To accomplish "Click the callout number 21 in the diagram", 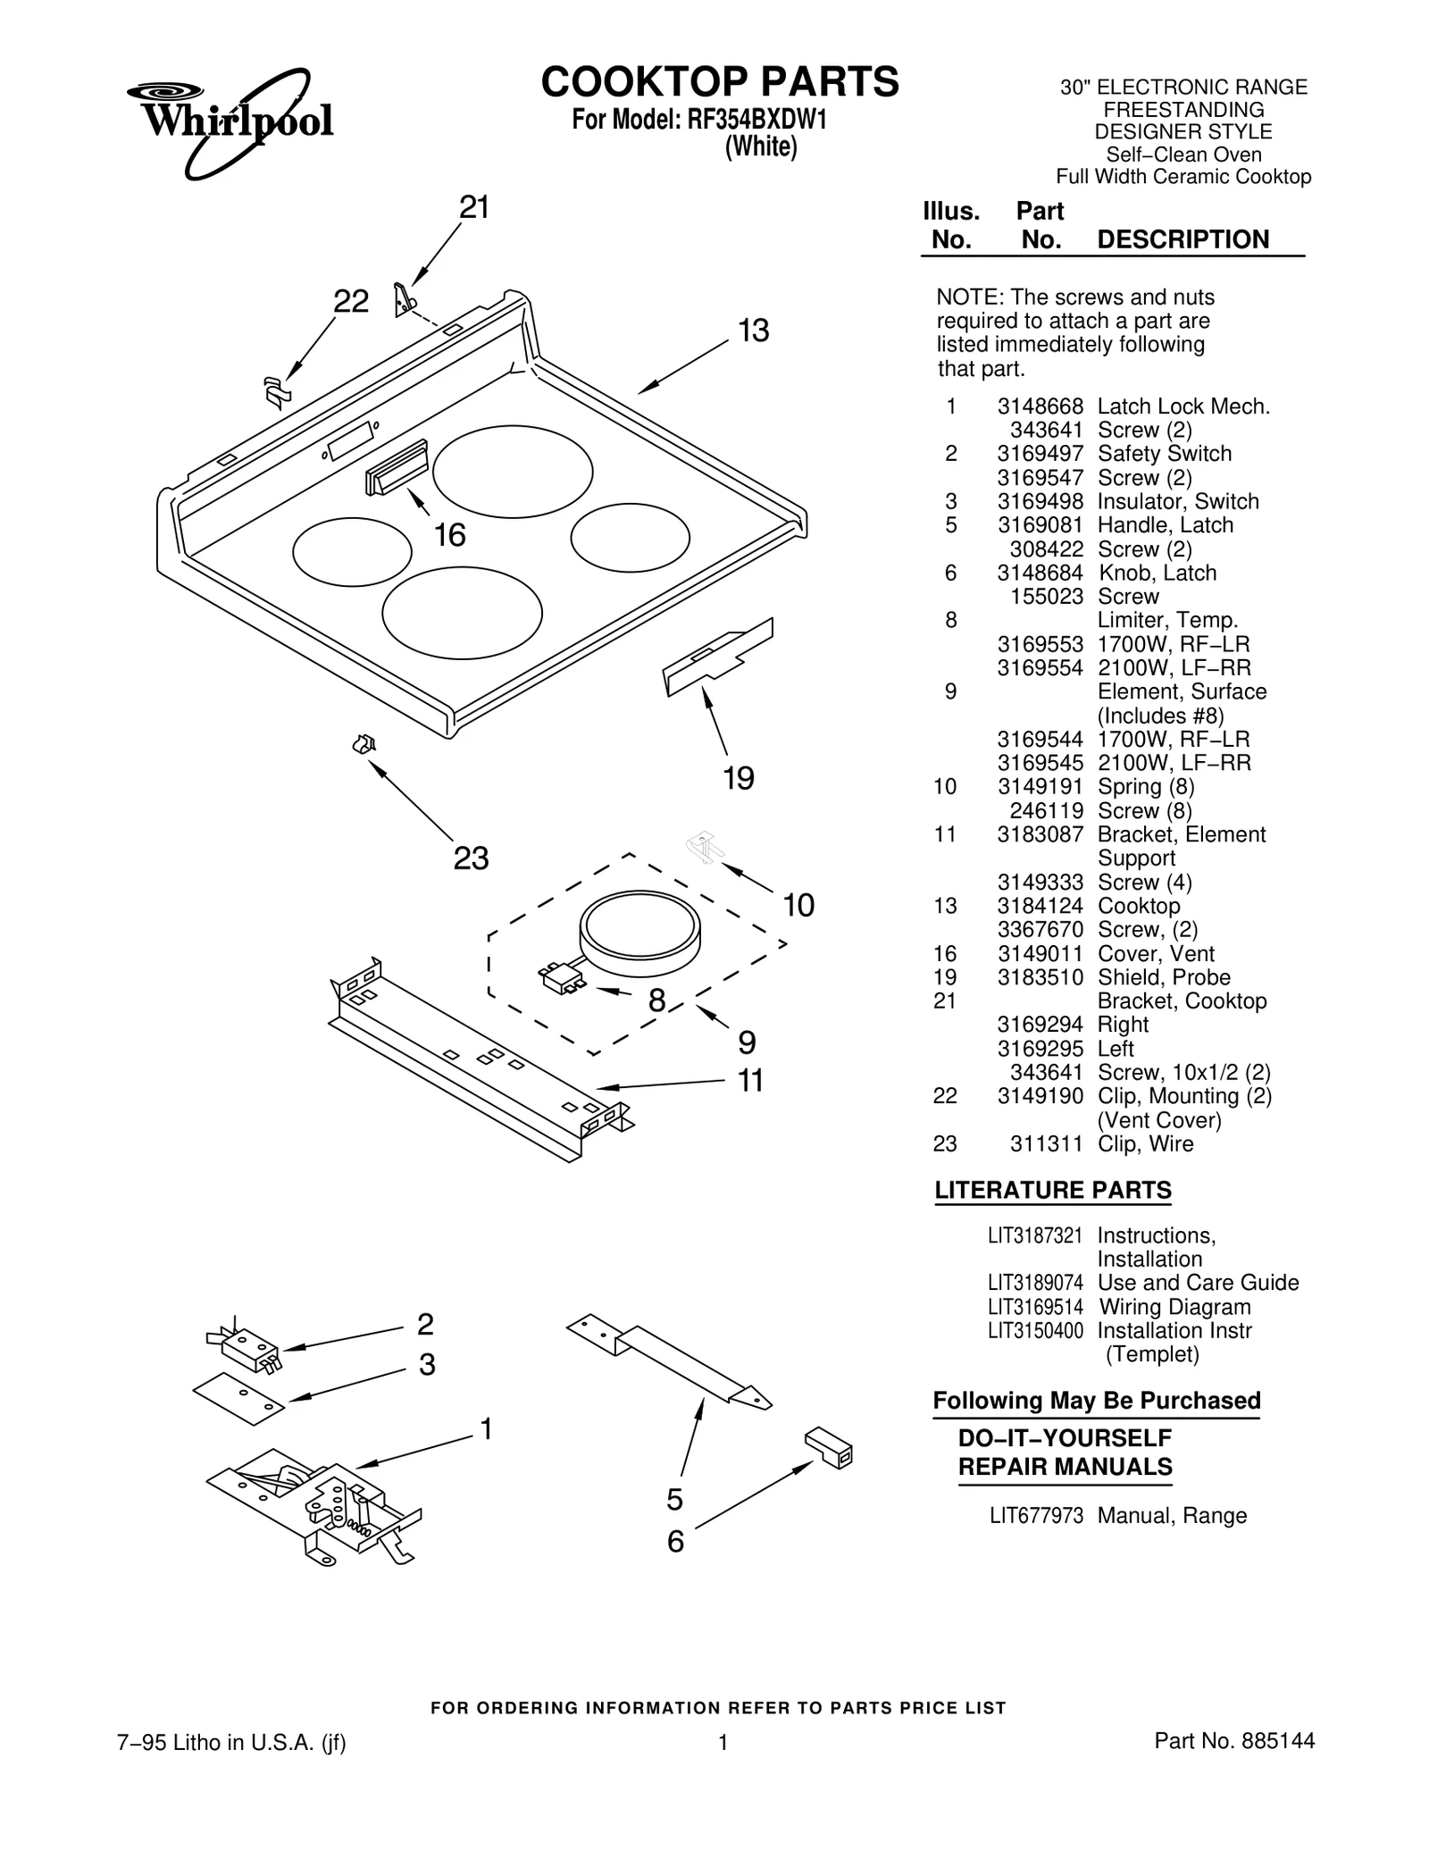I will point(474,207).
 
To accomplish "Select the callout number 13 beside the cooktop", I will point(754,331).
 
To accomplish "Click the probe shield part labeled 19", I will point(717,657).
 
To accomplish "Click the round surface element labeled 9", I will point(639,933).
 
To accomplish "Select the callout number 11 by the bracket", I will point(750,1081).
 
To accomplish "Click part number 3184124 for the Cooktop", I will point(1040,906).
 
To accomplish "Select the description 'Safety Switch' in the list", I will point(1164,454).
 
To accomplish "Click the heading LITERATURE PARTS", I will point(1052,1191).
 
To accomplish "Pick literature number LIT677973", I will point(1035,1516).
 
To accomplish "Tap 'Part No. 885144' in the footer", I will point(1233,1741).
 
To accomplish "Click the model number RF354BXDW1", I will point(756,121).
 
